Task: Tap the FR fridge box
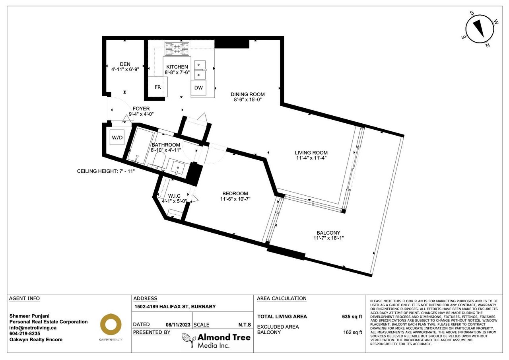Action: click(x=158, y=87)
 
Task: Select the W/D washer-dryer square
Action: click(x=117, y=137)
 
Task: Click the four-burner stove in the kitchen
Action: click(x=177, y=49)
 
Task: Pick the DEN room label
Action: click(x=125, y=64)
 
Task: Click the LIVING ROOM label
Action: click(x=311, y=153)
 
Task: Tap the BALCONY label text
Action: click(x=328, y=233)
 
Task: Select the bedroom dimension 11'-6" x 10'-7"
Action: click(x=235, y=199)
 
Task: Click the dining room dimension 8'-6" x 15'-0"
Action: click(x=248, y=100)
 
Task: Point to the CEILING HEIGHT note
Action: click(x=106, y=171)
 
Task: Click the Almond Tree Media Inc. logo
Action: click(x=216, y=340)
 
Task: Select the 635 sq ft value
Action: click(x=352, y=317)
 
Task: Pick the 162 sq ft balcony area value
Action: click(x=353, y=332)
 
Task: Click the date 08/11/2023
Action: click(x=178, y=325)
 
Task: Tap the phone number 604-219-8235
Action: click(x=25, y=334)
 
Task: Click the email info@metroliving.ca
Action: click(x=33, y=328)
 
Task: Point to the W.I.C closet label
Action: click(x=174, y=196)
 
